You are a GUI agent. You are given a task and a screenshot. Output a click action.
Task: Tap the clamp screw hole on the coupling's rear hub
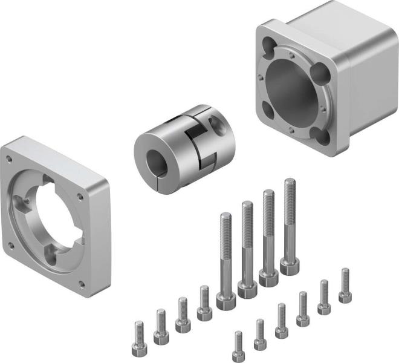(215, 125)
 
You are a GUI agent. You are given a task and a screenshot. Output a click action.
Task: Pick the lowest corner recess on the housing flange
(324, 137)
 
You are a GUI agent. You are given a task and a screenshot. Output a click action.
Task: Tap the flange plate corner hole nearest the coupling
(81, 195)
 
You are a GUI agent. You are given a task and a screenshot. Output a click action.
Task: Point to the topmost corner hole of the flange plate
(8, 159)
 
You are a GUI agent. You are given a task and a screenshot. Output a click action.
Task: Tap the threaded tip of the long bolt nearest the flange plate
(225, 219)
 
